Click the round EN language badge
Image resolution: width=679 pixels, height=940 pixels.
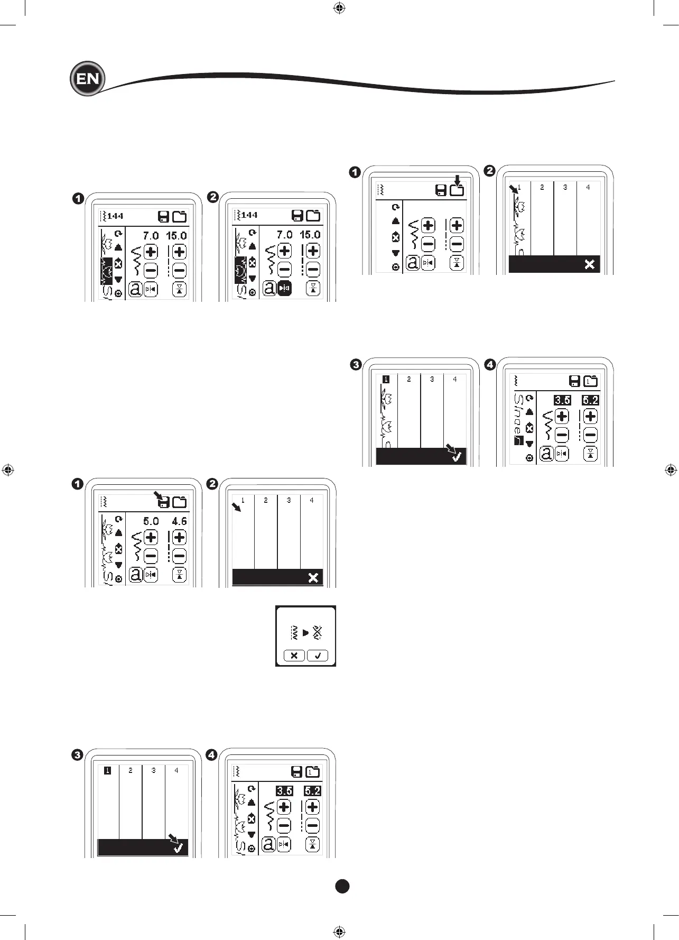[x=88, y=79]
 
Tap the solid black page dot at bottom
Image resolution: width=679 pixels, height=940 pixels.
[x=342, y=886]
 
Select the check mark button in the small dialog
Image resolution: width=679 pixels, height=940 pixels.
[x=318, y=656]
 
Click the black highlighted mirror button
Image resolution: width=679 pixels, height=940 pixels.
[x=284, y=288]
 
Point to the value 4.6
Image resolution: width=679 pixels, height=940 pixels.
[x=179, y=521]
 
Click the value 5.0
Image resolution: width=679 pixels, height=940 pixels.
[x=151, y=521]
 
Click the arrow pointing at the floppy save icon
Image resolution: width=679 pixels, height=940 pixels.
[x=157, y=495]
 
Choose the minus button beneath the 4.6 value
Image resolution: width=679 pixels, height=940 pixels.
[x=179, y=556]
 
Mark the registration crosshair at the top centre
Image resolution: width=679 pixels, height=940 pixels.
[x=340, y=8]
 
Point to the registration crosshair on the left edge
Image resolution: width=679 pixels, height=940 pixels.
[x=8, y=469]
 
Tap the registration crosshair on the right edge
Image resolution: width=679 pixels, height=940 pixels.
[x=671, y=469]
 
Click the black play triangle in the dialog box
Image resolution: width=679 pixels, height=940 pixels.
[x=305, y=633]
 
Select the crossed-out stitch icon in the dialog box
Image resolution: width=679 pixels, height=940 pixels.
[x=317, y=633]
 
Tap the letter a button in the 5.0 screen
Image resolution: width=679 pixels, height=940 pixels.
[x=136, y=575]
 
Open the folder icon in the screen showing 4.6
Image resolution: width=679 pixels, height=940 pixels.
[x=180, y=502]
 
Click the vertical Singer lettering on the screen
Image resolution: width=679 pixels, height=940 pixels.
[x=518, y=416]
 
